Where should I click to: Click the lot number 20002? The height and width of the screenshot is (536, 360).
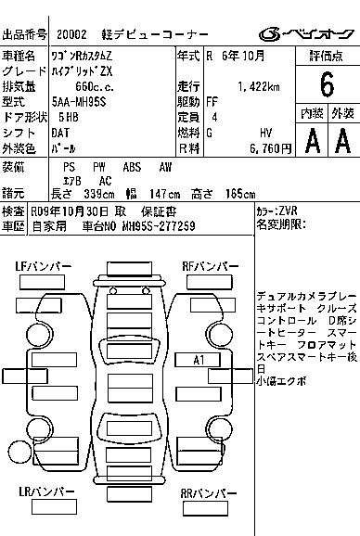[x=71, y=34]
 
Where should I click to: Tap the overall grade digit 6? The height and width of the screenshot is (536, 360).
[x=327, y=84]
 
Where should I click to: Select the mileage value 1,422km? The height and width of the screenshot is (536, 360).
[x=259, y=87]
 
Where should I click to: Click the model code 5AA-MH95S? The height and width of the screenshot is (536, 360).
[x=79, y=102]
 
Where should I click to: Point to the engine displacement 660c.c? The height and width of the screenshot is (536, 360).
[x=95, y=87]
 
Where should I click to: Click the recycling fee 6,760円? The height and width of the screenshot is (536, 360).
[x=270, y=148]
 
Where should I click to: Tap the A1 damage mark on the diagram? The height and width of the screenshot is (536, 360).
[x=199, y=360]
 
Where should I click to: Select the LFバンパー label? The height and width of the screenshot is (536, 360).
[x=44, y=266]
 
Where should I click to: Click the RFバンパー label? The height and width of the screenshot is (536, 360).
[x=211, y=266]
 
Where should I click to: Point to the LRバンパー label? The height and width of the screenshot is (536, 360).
[x=46, y=491]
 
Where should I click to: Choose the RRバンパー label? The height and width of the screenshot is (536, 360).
[x=209, y=493]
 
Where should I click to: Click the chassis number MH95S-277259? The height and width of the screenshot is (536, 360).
[x=159, y=226]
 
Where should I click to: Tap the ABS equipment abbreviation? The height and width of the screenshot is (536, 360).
[x=132, y=167]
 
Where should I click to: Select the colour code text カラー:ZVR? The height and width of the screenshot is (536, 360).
[x=276, y=211]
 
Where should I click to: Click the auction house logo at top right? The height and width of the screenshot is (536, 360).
[x=306, y=33]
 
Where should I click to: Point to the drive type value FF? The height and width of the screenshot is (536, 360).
[x=212, y=102]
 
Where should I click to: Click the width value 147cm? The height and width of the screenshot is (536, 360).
[x=164, y=195]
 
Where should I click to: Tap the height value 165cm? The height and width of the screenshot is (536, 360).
[x=240, y=195]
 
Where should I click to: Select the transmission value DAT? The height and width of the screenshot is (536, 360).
[x=60, y=133]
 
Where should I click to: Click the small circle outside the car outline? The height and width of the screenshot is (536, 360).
[x=19, y=453]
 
